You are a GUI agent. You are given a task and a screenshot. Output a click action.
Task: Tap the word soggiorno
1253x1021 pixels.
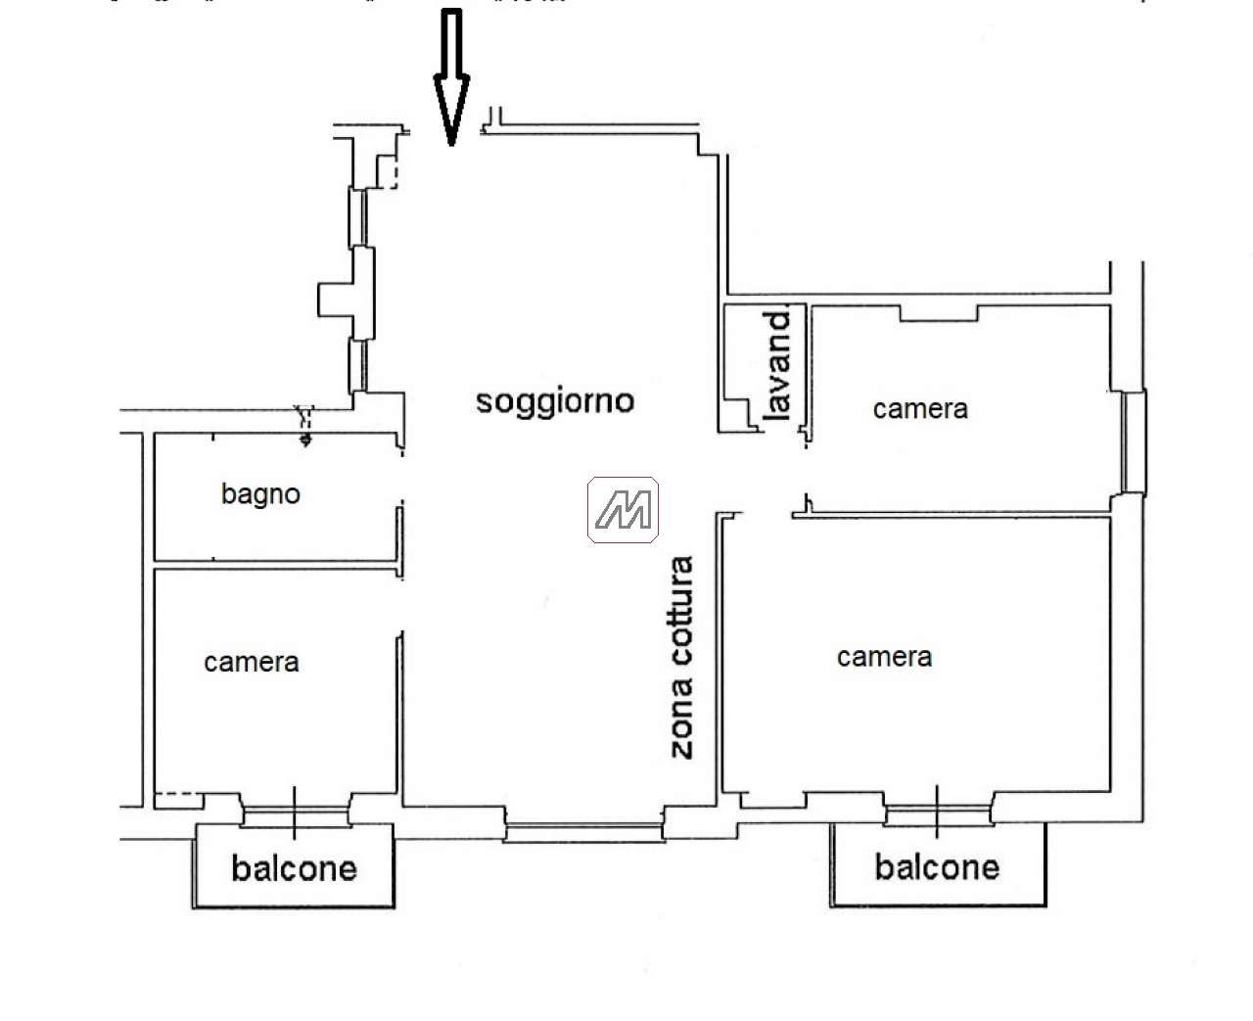coord(554,400)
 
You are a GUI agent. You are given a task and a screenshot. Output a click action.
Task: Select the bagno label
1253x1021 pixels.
coord(260,494)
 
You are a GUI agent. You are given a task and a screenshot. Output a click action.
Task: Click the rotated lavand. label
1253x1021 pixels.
coord(777,366)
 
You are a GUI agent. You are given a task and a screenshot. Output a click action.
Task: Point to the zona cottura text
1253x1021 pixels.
coord(681,657)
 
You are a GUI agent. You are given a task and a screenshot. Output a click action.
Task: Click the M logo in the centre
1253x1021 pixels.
coord(623,510)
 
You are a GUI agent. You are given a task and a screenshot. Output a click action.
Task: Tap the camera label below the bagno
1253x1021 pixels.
coord(252,663)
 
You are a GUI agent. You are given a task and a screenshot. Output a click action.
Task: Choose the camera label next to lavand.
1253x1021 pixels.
coord(920,408)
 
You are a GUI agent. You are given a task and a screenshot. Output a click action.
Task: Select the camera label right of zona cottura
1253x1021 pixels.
coord(884,657)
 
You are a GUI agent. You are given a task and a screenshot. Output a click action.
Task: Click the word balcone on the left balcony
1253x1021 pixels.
coord(294,868)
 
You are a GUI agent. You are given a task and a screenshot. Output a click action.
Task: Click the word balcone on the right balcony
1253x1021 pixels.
coord(937,867)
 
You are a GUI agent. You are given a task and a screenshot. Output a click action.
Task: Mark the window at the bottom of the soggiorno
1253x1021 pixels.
coord(583,833)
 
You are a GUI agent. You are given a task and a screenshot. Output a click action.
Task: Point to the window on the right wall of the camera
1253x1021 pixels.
coord(1134,441)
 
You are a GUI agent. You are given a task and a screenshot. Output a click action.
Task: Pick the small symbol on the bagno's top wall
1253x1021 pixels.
coord(305,425)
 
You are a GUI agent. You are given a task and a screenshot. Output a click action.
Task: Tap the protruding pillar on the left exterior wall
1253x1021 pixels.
coord(333,299)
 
